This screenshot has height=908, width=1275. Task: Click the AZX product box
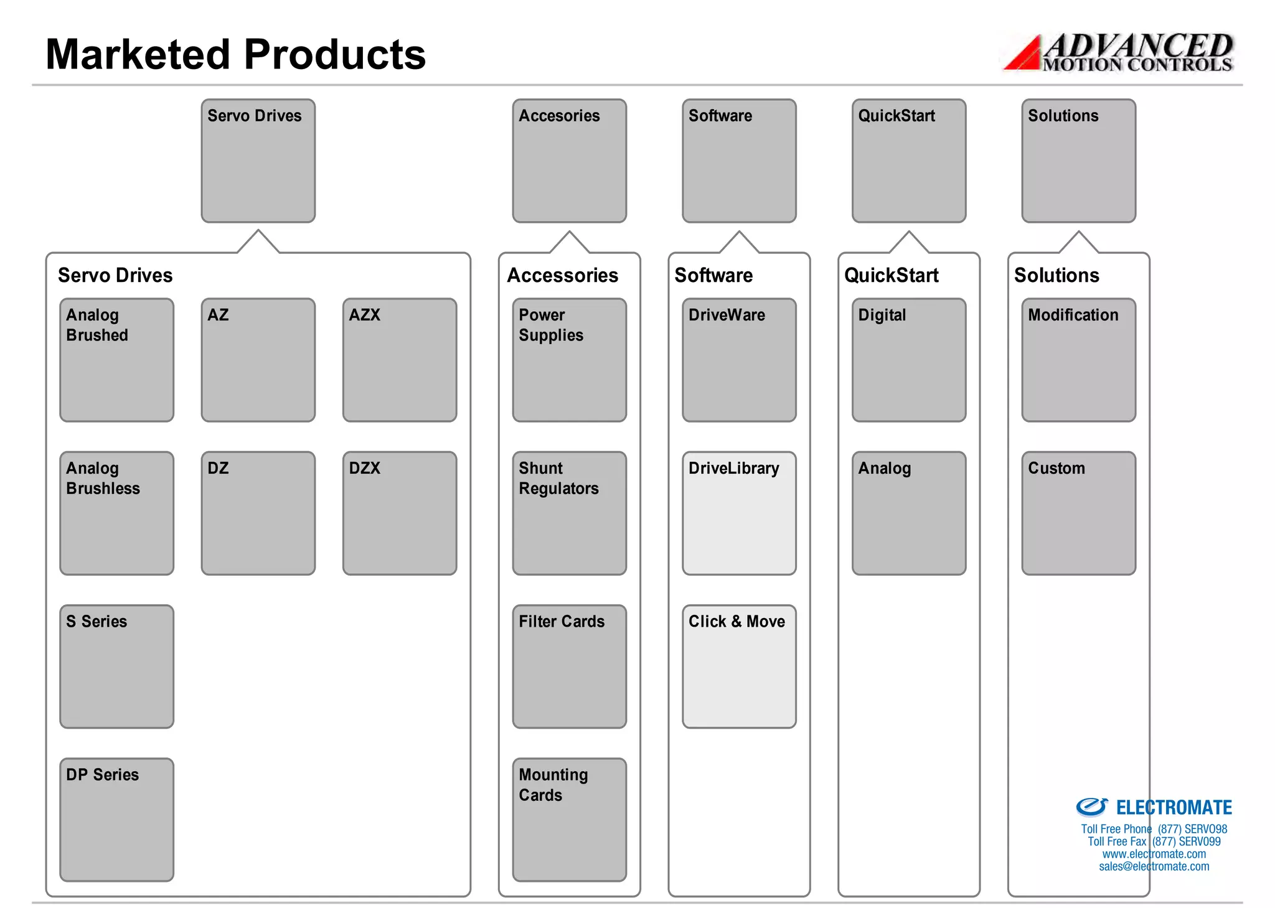pos(399,360)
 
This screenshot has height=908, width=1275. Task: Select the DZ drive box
pos(258,513)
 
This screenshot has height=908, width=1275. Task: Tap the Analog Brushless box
pos(116,513)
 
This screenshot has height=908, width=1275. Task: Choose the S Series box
pos(116,666)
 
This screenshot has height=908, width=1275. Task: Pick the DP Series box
pos(116,819)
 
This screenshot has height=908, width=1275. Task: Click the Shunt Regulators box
pos(569,513)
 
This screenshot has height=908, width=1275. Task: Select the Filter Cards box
pos(569,666)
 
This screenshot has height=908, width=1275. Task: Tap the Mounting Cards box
pos(569,819)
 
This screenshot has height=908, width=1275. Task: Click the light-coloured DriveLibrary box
pos(739,513)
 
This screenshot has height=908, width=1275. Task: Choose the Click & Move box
pos(739,666)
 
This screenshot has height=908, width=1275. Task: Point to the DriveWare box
pos(739,360)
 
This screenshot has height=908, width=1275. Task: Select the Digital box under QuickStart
pos(908,360)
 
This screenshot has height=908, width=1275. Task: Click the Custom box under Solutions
pos(1078,513)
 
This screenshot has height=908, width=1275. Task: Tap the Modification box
pos(1078,360)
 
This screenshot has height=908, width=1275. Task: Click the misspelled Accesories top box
pos(569,161)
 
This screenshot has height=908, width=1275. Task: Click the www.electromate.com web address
pos(1154,854)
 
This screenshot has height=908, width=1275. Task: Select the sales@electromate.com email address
pos(1154,866)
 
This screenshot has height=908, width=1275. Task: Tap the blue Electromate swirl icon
pos(1091,807)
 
